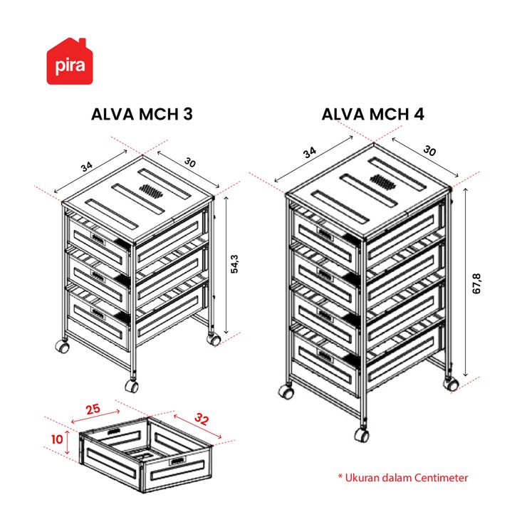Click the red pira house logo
[x=70, y=61]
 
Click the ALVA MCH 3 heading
[x=142, y=114]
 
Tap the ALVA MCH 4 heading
[x=372, y=114]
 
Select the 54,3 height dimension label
[x=234, y=264]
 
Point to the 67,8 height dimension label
[x=477, y=283]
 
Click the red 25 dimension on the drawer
[x=93, y=409]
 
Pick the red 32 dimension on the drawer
[x=202, y=419]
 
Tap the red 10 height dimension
[x=57, y=439]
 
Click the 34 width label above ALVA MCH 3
[x=87, y=167]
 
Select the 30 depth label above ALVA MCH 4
[x=429, y=151]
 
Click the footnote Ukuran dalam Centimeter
[x=403, y=478]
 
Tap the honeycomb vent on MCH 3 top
[x=152, y=191]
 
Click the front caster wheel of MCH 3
[x=132, y=386]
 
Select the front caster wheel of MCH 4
[x=362, y=435]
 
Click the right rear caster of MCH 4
[x=451, y=385]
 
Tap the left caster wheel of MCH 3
[x=63, y=347]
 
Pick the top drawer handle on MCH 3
[x=98, y=239]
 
